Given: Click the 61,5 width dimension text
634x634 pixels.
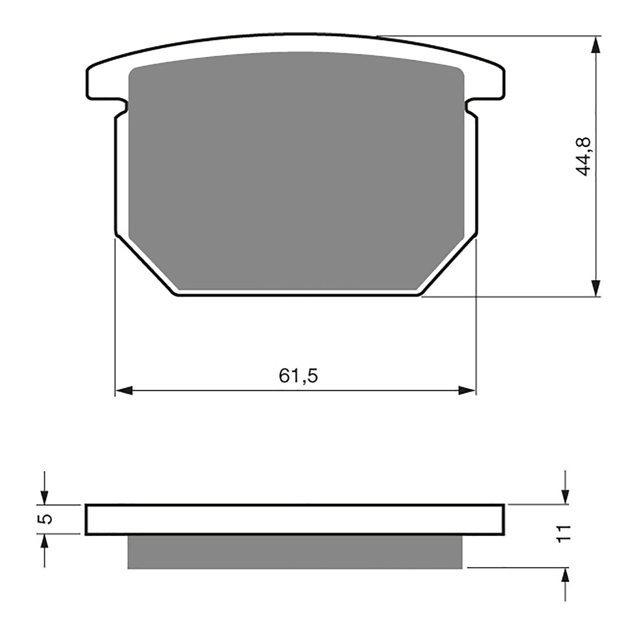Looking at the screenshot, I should [x=298, y=376].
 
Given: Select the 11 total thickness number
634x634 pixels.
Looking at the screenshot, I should [x=565, y=533].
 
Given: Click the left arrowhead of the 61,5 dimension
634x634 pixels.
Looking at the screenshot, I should [x=124, y=390].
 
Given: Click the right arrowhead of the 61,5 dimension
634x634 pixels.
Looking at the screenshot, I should [x=467, y=390].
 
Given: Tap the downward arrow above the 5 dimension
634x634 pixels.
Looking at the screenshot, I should [x=44, y=496].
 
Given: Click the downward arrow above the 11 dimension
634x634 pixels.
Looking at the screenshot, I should [x=565, y=495].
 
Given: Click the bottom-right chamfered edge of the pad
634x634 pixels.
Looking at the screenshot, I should [x=448, y=267].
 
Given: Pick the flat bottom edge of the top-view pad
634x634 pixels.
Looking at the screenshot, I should [x=298, y=295].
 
